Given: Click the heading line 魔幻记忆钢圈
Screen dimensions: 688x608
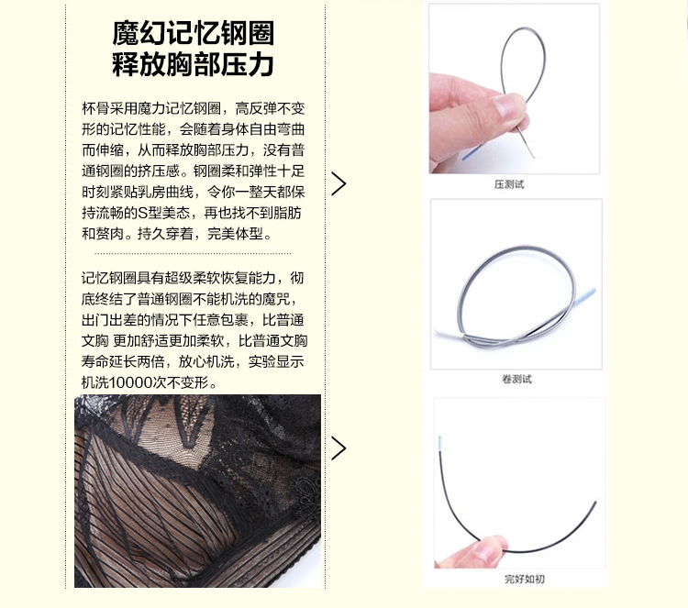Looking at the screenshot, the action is (x=193, y=33).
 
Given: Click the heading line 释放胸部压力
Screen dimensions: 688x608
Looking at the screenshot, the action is (x=193, y=64).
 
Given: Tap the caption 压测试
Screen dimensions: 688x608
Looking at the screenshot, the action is (x=509, y=184).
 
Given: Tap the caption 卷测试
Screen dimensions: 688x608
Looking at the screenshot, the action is (x=516, y=379).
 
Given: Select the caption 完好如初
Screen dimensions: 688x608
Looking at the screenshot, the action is (x=525, y=579).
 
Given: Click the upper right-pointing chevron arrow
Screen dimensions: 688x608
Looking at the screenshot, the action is (x=338, y=183).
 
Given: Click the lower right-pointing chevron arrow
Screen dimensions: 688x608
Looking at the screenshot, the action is (x=338, y=448).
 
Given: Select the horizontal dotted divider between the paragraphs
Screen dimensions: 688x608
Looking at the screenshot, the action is (x=193, y=253).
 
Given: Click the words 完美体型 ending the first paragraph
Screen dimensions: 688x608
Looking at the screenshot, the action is (x=235, y=234).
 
